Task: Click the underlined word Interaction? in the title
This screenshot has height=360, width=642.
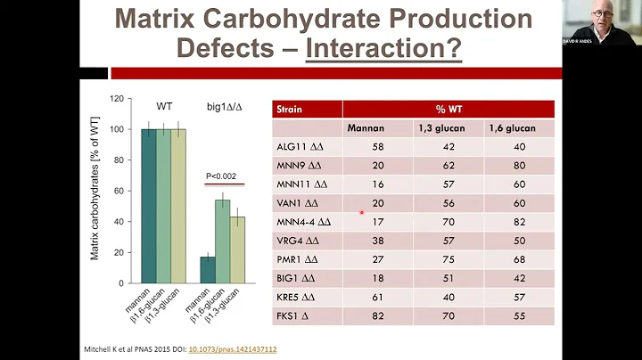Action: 384,47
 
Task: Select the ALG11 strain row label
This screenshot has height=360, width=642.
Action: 294,147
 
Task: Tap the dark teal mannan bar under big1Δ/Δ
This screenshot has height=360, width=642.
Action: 207,270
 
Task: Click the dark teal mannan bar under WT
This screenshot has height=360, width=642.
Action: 148,206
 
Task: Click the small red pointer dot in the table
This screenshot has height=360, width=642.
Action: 361,213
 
